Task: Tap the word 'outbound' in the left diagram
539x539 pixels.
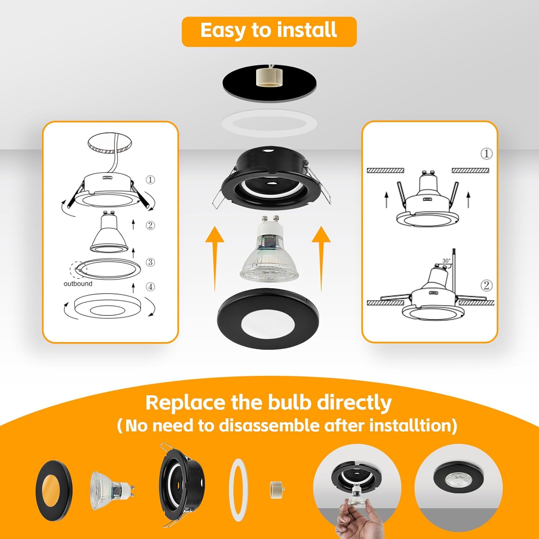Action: coord(78,284)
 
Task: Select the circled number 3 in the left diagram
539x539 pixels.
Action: coord(150,262)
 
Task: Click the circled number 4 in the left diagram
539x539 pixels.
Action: coord(150,287)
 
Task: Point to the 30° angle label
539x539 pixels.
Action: coord(446,261)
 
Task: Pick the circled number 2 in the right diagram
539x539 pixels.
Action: coord(486,286)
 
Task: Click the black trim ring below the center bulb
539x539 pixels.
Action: coord(268,318)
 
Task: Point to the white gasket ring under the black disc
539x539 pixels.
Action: coord(269,123)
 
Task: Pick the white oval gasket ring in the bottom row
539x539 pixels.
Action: coord(238,489)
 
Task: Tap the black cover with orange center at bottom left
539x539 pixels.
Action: coord(54,491)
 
